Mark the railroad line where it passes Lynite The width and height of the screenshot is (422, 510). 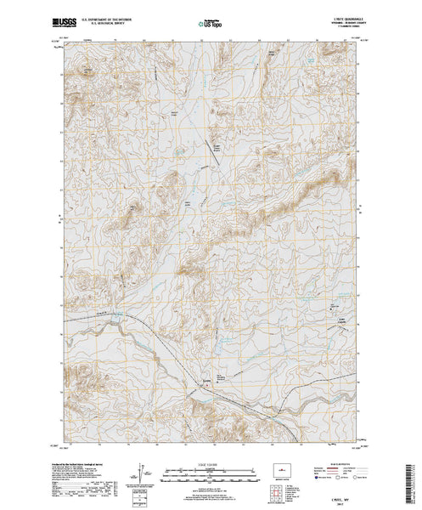[212, 387]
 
